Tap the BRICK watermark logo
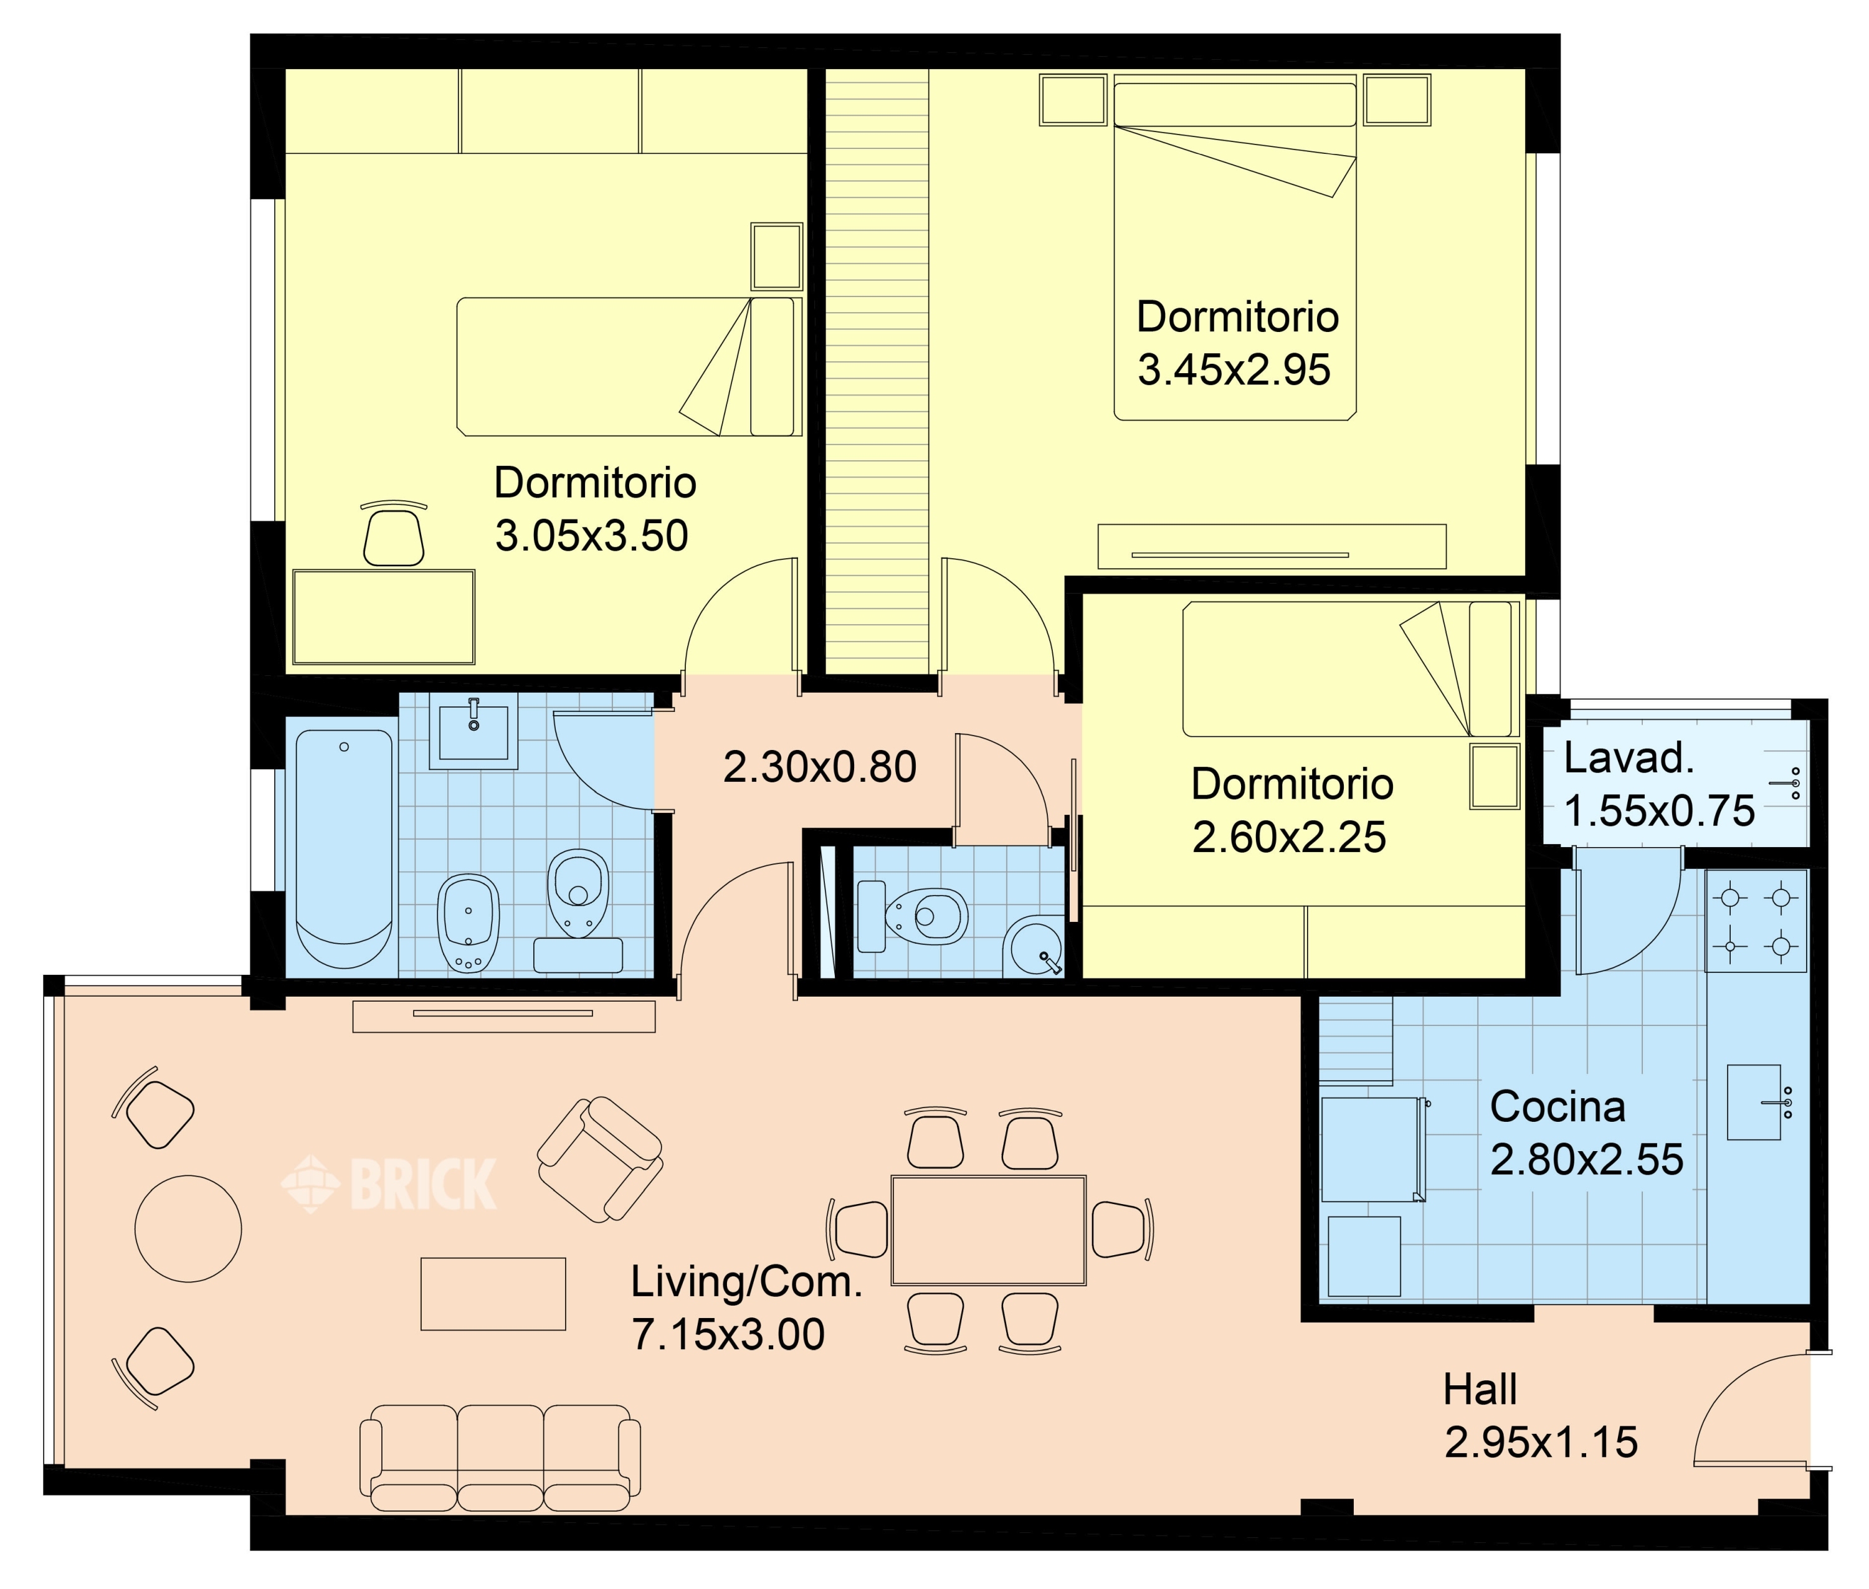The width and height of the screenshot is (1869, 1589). [x=389, y=1183]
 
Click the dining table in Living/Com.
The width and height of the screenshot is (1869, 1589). [x=988, y=1230]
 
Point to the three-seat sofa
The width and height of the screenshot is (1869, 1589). [x=500, y=1458]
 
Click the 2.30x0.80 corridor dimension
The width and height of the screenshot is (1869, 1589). [x=820, y=767]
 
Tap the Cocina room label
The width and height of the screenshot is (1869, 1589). [x=1557, y=1107]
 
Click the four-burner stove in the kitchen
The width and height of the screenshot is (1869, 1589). [x=1756, y=921]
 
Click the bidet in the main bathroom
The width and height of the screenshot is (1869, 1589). [x=468, y=923]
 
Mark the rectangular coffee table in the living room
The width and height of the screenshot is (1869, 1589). [x=493, y=1294]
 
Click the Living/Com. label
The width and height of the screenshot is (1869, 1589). [x=746, y=1283]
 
